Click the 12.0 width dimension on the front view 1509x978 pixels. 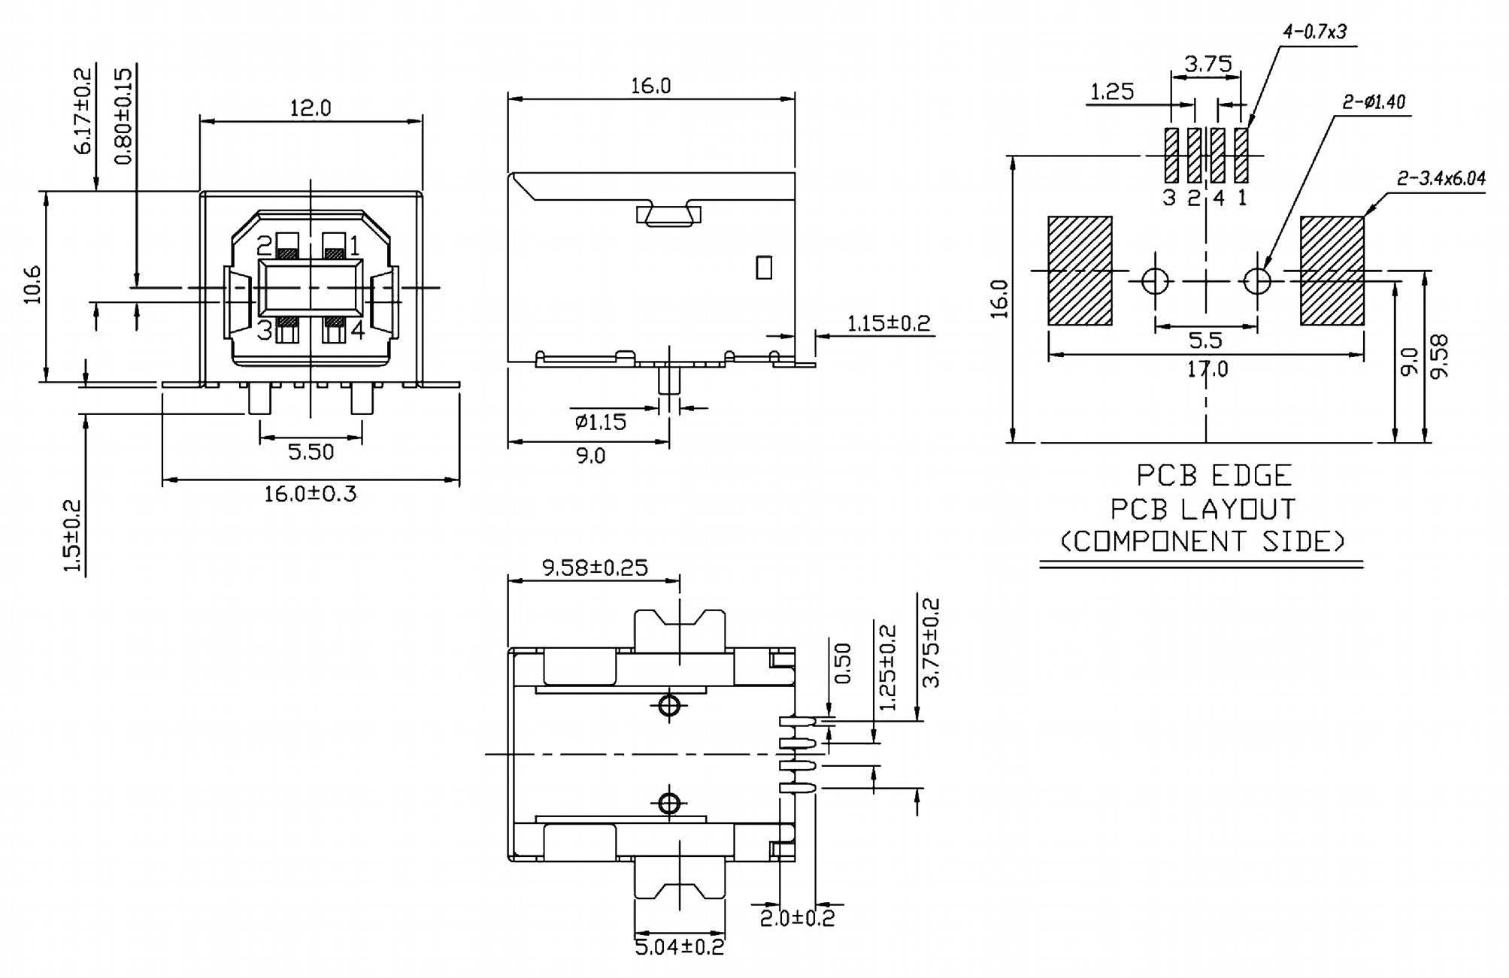coord(311,108)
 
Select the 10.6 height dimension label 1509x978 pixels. coord(33,285)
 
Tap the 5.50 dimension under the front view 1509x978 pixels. coord(311,452)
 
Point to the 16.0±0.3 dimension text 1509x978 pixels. coord(310,494)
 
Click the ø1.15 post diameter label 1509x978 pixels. coord(600,422)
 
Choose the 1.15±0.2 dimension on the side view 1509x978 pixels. coord(889,323)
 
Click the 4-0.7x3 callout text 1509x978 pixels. coord(1314,32)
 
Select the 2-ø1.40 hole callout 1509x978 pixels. coord(1374,101)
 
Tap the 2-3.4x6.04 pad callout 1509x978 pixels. coord(1441,178)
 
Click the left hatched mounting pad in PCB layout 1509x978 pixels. coord(1080,271)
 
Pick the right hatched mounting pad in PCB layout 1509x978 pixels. coord(1332,271)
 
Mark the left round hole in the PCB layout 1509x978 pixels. coord(1156,281)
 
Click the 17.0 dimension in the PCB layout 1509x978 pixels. coord(1208,369)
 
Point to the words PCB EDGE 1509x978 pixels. coord(1214,476)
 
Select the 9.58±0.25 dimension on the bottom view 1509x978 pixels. coord(595,568)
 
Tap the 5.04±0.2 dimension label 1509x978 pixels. coord(680,946)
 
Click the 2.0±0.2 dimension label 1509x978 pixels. coord(797,918)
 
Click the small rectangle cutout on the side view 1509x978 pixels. coord(764,268)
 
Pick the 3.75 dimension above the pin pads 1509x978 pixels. coord(1208,64)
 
